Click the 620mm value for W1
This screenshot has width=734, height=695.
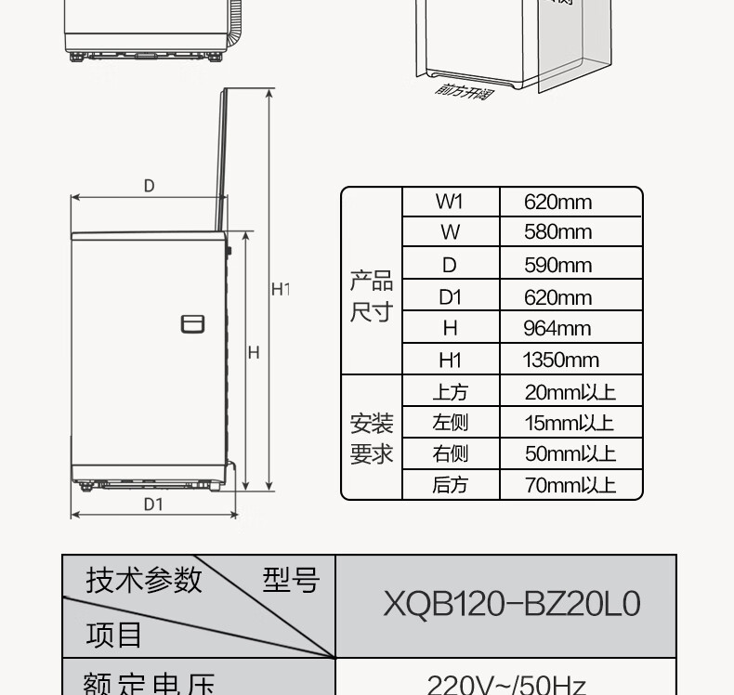557,203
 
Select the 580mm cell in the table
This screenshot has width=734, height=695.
557,232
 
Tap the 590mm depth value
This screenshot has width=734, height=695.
557,266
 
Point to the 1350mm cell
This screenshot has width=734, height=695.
560,361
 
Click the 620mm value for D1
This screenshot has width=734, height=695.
557,298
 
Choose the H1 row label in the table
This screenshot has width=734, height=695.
450,361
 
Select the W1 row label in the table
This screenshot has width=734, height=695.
450,203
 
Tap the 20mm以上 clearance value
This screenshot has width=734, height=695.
570,392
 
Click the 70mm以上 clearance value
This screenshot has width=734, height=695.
570,484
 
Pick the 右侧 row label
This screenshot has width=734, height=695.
450,453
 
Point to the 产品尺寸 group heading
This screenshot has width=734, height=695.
371,296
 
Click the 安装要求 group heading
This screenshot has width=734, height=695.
371,439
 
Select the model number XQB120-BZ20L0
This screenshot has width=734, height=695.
512,605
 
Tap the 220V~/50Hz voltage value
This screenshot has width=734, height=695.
506,686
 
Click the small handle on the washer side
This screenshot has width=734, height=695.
192,323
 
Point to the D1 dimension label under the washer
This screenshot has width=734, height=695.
153,505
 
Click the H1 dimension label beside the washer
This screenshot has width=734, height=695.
280,290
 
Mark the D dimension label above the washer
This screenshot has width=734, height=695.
149,186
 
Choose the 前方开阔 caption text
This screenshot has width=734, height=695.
464,91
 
